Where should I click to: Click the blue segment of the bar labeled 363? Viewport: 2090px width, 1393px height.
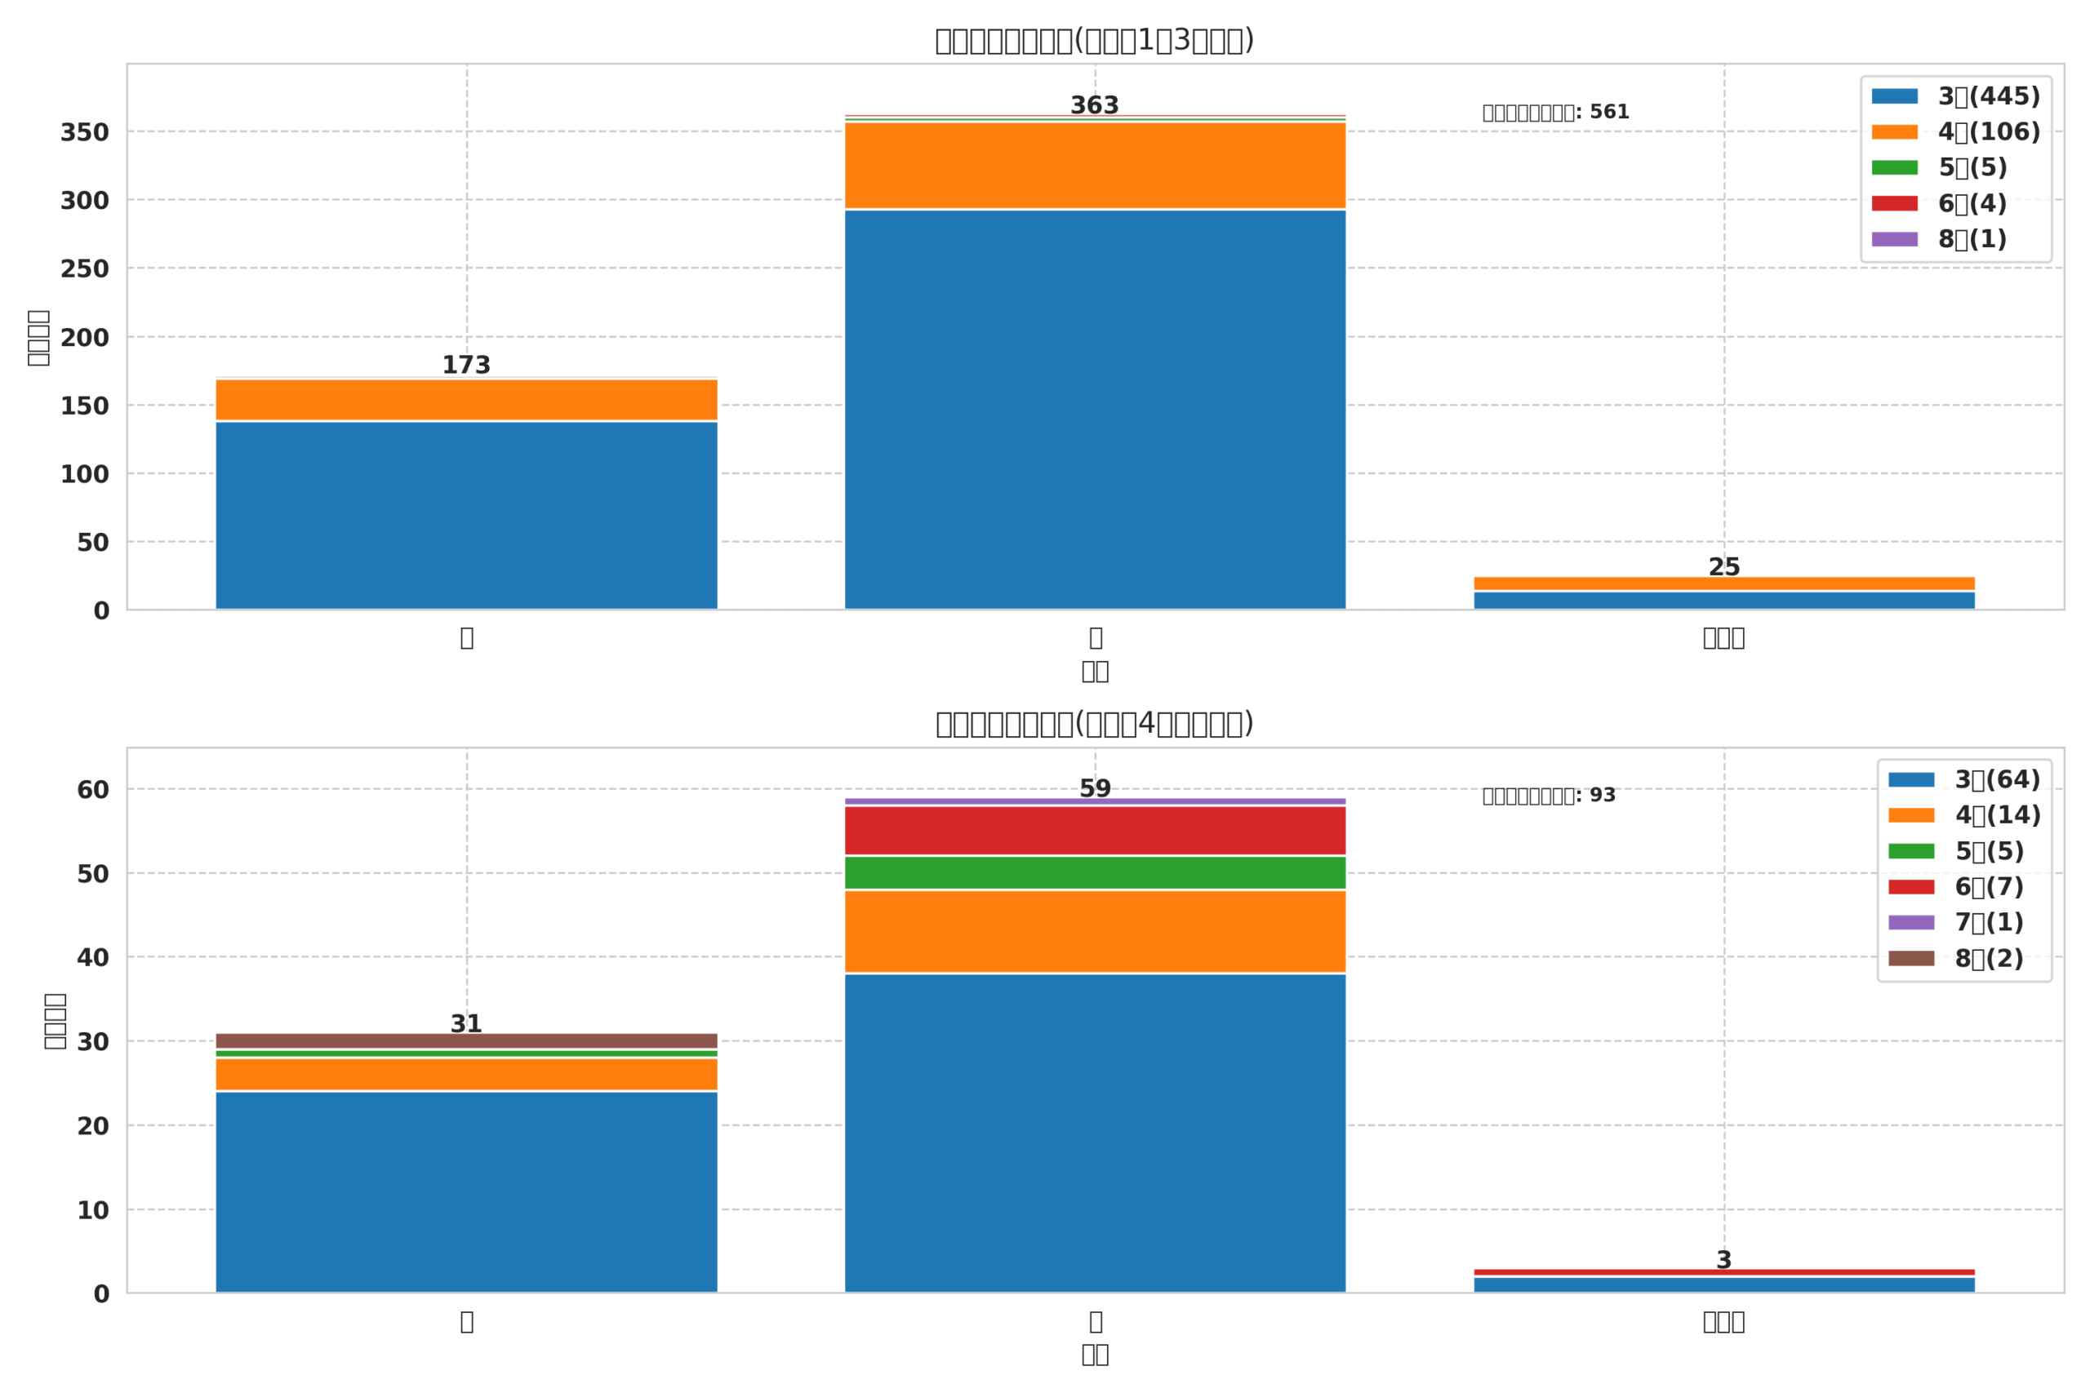pos(1095,409)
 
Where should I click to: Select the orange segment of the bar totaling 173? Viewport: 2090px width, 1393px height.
pos(466,400)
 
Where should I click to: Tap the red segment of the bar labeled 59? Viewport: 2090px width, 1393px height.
pos(1095,830)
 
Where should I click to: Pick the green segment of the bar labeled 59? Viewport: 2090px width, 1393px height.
pos(1095,872)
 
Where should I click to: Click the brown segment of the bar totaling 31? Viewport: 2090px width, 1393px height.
pos(466,1040)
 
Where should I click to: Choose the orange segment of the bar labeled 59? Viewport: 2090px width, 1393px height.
pos(1095,931)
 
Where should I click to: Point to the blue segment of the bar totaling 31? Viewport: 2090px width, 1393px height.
pos(466,1191)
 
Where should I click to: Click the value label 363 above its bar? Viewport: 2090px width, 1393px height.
pos(1094,106)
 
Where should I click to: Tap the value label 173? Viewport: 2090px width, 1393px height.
pos(466,365)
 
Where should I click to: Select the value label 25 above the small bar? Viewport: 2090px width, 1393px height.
pos(1724,567)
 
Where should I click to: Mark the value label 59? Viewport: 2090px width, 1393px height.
pos(1095,788)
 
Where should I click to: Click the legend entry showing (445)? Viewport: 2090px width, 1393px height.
pos(1956,96)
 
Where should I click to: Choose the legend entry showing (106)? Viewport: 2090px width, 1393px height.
pos(1956,131)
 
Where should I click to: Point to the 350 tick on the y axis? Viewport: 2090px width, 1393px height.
pos(84,133)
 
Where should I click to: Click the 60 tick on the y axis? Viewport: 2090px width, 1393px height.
pos(92,790)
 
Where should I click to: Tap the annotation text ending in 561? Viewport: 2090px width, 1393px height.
pos(1555,113)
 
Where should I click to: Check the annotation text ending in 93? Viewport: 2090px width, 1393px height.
pos(1548,796)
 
